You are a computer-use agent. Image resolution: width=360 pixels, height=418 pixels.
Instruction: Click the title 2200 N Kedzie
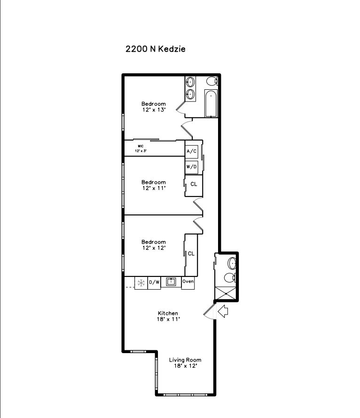coord(156,49)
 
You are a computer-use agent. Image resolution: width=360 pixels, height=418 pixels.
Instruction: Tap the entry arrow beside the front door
coord(223,311)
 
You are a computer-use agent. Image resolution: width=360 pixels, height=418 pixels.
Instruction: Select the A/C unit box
coord(192,151)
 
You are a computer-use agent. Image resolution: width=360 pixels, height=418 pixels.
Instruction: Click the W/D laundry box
coord(192,167)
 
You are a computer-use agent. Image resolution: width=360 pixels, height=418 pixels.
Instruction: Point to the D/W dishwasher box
coord(154,282)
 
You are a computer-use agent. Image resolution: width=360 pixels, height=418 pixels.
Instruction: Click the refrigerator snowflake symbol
coord(141,283)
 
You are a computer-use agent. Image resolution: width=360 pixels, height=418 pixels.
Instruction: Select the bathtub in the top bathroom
coord(211,103)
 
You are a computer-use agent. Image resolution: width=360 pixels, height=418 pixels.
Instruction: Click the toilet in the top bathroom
coord(212,81)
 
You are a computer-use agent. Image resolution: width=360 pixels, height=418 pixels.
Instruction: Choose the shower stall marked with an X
coord(226,293)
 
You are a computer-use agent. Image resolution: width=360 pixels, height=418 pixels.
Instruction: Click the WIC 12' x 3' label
coord(141,149)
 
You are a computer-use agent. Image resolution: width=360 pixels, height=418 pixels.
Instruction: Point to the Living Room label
coord(185,360)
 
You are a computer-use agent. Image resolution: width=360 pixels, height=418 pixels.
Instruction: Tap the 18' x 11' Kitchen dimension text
coord(168,319)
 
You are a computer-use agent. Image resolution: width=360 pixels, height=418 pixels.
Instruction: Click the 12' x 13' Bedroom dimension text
coord(154,110)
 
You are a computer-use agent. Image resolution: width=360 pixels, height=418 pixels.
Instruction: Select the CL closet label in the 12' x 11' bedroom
coord(194,184)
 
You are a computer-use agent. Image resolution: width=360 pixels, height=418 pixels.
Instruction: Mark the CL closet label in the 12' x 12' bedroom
coord(191,253)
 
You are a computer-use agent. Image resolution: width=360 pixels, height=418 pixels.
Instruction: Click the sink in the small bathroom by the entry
coord(232,263)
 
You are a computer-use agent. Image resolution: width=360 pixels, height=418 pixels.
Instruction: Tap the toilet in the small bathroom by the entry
coord(230,278)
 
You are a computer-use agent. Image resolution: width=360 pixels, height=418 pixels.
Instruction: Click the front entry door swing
coord(210,311)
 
